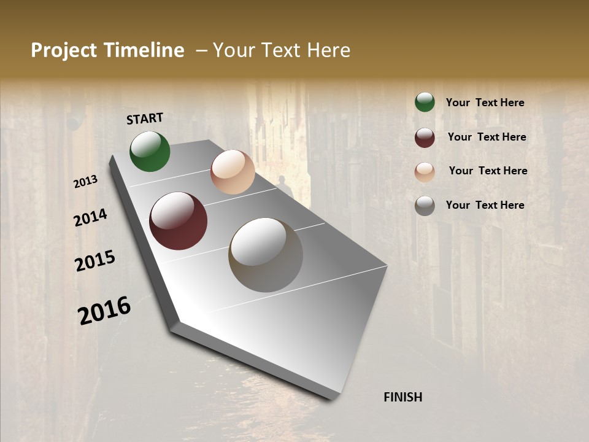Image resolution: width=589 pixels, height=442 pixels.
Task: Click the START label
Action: coord(145,118)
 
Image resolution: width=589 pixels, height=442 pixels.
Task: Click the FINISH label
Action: coord(402,397)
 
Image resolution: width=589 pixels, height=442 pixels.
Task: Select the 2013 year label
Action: coord(86,182)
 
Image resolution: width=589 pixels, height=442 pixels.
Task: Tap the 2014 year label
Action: coord(90,218)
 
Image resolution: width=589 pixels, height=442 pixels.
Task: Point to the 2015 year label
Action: coord(95,261)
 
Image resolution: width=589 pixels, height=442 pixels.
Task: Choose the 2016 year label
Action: coord(104,310)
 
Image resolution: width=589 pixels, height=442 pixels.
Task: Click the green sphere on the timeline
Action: coord(150,152)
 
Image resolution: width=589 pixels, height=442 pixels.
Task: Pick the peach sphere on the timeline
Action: coord(233,172)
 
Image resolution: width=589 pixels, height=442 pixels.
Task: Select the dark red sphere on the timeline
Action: coord(178,221)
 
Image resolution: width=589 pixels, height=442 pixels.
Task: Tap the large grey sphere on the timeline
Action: coord(266,255)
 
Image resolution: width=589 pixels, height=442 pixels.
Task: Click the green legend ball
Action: coord(425,103)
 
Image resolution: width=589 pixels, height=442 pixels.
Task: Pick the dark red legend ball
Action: coord(425,138)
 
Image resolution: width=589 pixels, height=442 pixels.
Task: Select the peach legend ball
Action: coord(425,172)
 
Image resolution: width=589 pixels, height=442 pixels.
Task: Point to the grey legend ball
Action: coord(425,206)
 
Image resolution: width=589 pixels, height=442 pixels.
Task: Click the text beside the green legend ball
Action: coord(485,103)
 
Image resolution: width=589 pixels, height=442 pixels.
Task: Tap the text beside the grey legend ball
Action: coord(485,205)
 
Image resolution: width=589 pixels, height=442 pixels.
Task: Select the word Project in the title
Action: coord(64,50)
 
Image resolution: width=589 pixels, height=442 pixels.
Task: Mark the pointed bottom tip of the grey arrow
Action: coord(334,397)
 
